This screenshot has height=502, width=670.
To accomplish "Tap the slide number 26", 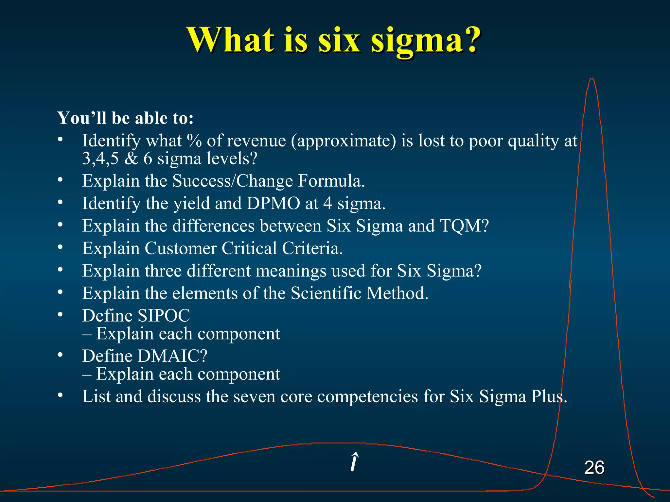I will point(594,467).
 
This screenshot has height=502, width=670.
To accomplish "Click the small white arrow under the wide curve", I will point(354,462).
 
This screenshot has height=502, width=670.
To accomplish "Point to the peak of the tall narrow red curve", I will point(591,79).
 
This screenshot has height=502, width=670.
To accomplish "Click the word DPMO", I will point(273,203).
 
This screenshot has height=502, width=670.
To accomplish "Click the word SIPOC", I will point(164,316).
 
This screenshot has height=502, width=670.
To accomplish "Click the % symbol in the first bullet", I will point(194,141).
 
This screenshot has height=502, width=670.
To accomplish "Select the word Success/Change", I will point(232,181).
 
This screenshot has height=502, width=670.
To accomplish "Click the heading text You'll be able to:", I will point(125,118).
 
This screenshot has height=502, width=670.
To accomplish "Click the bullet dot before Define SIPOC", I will point(60,315).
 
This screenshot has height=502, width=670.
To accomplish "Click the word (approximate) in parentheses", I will point(344,141).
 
